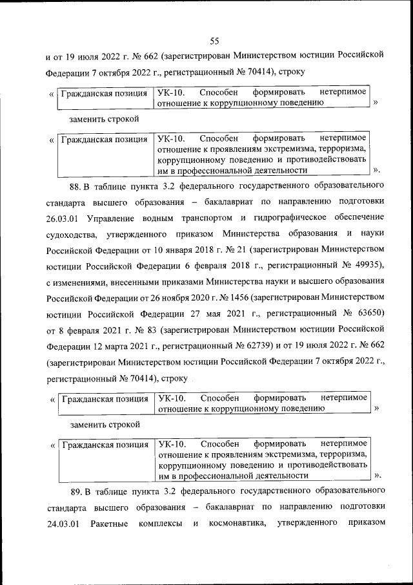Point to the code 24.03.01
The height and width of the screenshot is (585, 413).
point(63,523)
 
